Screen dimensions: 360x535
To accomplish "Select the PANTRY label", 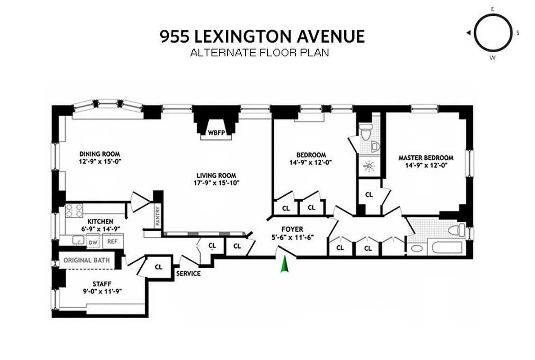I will [x=157, y=216].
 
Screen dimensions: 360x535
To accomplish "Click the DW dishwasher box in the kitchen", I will [x=93, y=243].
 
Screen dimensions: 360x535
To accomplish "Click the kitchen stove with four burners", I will [x=75, y=210].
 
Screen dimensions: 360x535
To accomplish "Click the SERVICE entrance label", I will [x=188, y=273].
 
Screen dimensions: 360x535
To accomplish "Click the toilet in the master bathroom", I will [x=456, y=230].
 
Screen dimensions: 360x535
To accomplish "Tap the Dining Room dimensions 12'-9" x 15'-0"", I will [x=100, y=161].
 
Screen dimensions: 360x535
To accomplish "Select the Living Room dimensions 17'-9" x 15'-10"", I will [x=216, y=183].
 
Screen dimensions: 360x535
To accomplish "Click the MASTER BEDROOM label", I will [x=426, y=158].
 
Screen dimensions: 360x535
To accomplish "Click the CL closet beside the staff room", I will [x=158, y=266].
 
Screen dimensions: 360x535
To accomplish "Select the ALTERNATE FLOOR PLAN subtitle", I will [x=260, y=53].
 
